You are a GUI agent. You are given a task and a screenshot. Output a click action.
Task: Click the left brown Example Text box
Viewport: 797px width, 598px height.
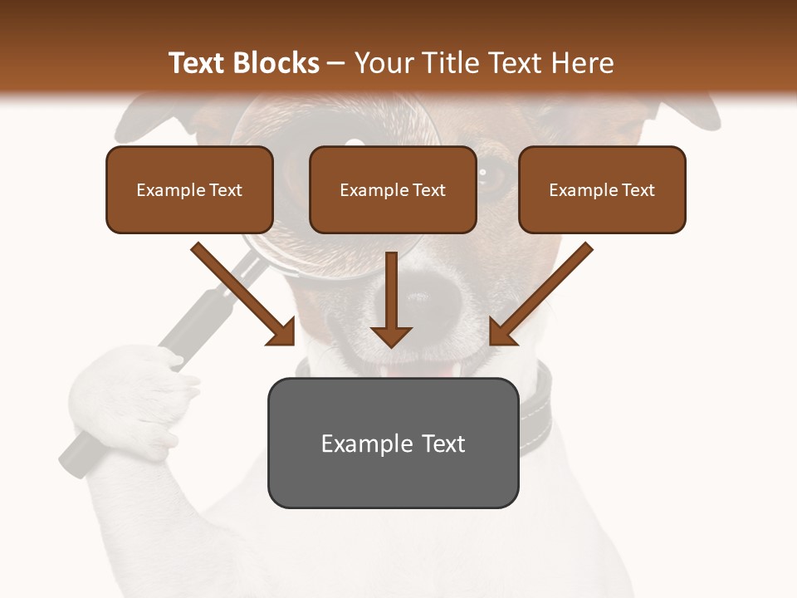tap(189, 189)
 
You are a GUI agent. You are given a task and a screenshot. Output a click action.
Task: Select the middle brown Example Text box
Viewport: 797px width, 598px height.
tap(393, 189)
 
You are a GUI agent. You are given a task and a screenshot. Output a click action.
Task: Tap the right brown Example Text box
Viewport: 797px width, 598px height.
tap(602, 189)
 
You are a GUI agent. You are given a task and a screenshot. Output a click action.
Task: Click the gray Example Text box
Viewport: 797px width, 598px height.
tap(393, 443)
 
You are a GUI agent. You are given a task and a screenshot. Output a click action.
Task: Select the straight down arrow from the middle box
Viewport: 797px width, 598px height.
tap(391, 299)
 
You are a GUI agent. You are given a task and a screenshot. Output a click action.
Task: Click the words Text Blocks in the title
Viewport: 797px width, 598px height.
tap(243, 63)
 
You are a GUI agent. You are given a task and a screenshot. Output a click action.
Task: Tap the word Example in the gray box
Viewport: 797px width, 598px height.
tap(366, 444)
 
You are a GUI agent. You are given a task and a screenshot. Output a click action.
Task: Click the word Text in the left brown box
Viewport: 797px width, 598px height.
tap(226, 190)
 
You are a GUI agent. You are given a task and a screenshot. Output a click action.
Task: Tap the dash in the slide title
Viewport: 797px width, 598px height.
tap(337, 64)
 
